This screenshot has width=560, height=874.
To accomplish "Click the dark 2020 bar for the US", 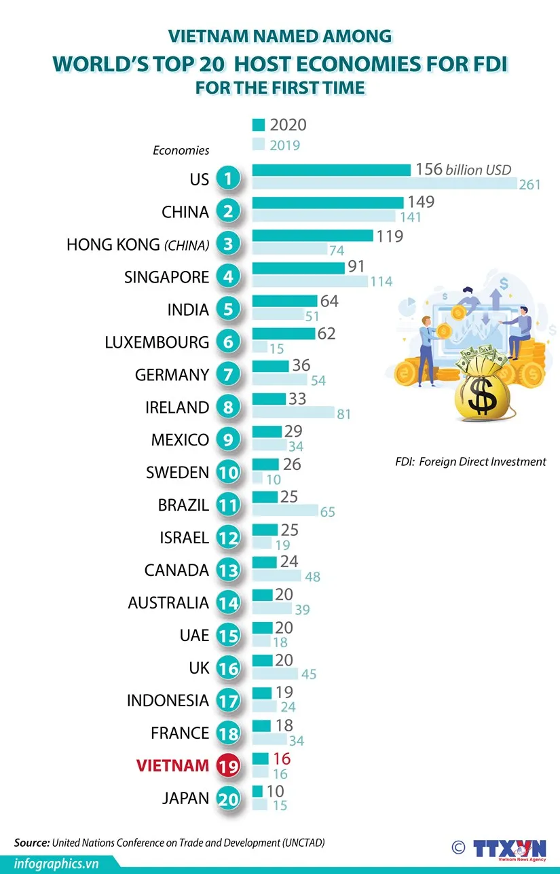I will tap(331, 170).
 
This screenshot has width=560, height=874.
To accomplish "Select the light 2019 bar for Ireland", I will tap(293, 412).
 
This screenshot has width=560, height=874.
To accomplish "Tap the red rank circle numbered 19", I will tap(229, 766).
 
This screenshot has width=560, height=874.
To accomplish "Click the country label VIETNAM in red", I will tap(172, 765).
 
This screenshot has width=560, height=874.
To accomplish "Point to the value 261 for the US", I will tap(529, 185).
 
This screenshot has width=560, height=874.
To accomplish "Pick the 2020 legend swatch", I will tap(258, 125).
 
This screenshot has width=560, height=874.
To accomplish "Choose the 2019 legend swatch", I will tap(258, 144).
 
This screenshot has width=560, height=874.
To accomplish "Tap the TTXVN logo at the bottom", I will tap(509, 849).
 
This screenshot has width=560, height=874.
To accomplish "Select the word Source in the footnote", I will tap(31, 843).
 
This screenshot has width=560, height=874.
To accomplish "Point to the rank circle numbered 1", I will tap(229, 179).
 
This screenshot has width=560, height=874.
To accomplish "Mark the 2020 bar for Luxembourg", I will tap(284, 333).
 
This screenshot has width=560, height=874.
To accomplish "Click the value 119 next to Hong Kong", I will tap(390, 236).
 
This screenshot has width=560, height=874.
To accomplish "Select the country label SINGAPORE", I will tap(166, 277).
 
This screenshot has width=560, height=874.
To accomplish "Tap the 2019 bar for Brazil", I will tap(285, 510).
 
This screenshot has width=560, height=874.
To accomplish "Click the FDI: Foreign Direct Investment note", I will tap(470, 462).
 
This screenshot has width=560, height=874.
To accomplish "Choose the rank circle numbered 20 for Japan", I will tap(229, 799).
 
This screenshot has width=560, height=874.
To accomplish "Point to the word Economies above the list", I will tap(181, 151).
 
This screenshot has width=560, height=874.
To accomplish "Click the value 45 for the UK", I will tap(308, 674).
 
